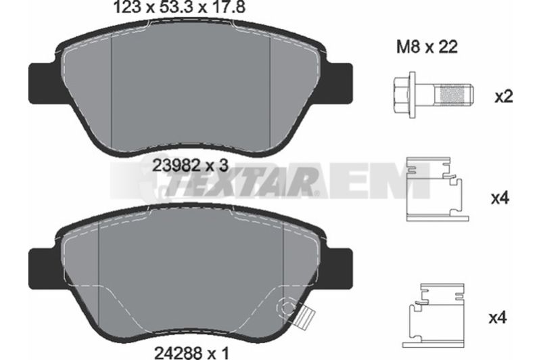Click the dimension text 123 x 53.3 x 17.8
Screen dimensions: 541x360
pyautogui.click(x=179, y=7)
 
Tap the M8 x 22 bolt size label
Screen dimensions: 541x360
pyautogui.click(x=427, y=47)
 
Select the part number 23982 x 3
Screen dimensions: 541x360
pyautogui.click(x=191, y=166)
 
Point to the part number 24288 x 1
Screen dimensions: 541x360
pyautogui.click(x=192, y=353)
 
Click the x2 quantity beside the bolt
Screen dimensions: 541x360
pyautogui.click(x=504, y=97)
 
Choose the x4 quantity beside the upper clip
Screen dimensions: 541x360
pyautogui.click(x=500, y=198)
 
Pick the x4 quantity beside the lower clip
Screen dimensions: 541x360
pyautogui.click(x=498, y=317)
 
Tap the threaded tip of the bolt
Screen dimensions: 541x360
pyautogui.click(x=454, y=95)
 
